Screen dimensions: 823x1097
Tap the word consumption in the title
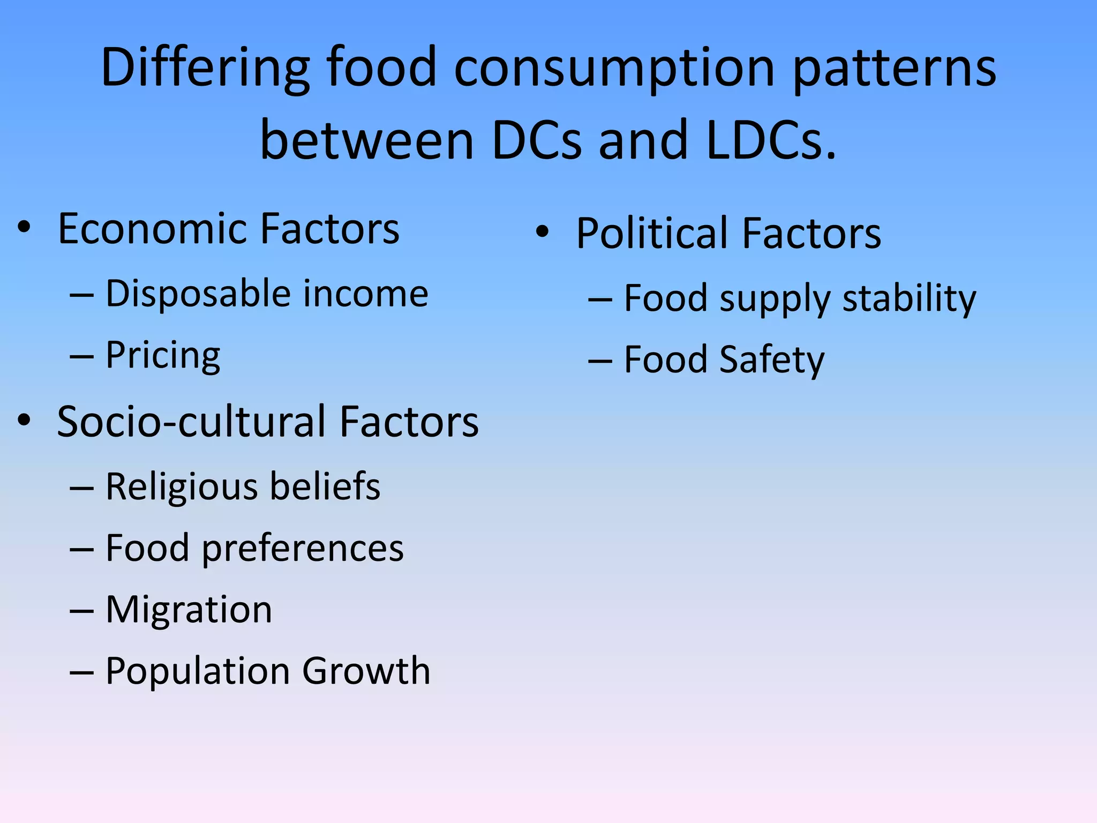(x=614, y=69)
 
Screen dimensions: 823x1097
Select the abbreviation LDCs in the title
(x=771, y=140)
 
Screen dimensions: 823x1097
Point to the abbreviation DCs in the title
(x=536, y=140)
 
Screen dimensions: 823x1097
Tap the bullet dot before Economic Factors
(x=24, y=227)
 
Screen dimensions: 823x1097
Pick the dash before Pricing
(x=81, y=356)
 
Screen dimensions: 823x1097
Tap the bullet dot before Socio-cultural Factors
(x=24, y=420)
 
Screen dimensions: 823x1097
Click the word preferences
(x=303, y=549)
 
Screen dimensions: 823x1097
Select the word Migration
(x=189, y=610)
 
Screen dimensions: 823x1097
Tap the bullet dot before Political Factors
(x=543, y=231)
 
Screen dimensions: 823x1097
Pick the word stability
(x=909, y=299)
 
